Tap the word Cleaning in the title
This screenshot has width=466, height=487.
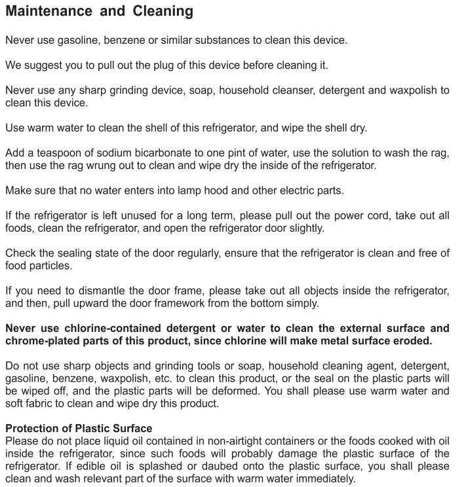pos(163,11)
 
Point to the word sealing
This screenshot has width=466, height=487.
pos(81,253)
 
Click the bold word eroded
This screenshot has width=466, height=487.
pos(412,341)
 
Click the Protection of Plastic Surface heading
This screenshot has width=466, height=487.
pos(79,429)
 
